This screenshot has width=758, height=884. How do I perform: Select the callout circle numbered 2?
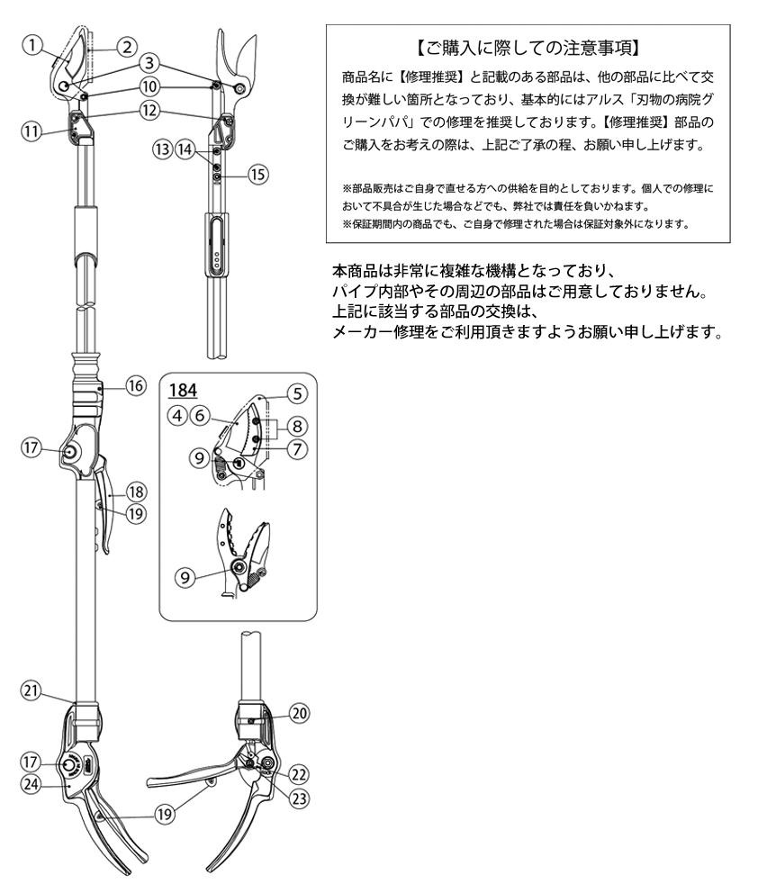[x=127, y=46]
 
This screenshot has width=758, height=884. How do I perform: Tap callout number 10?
[x=149, y=87]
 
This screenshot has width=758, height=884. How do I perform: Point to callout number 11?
[x=32, y=131]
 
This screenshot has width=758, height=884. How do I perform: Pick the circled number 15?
[x=257, y=175]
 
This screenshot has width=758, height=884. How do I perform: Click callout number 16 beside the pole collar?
[x=135, y=386]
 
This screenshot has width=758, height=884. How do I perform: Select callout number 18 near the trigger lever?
[x=136, y=492]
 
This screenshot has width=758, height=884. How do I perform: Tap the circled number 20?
[x=298, y=713]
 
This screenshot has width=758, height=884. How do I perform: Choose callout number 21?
[x=32, y=690]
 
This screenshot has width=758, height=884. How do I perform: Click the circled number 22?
[x=298, y=774]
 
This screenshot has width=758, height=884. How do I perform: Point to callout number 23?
[x=298, y=795]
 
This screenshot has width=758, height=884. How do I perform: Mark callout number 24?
[x=32, y=783]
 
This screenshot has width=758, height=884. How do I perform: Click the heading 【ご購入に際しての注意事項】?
[x=528, y=45]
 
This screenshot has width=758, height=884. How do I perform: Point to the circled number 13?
[x=162, y=148]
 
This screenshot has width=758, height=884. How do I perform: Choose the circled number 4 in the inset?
[x=178, y=415]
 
